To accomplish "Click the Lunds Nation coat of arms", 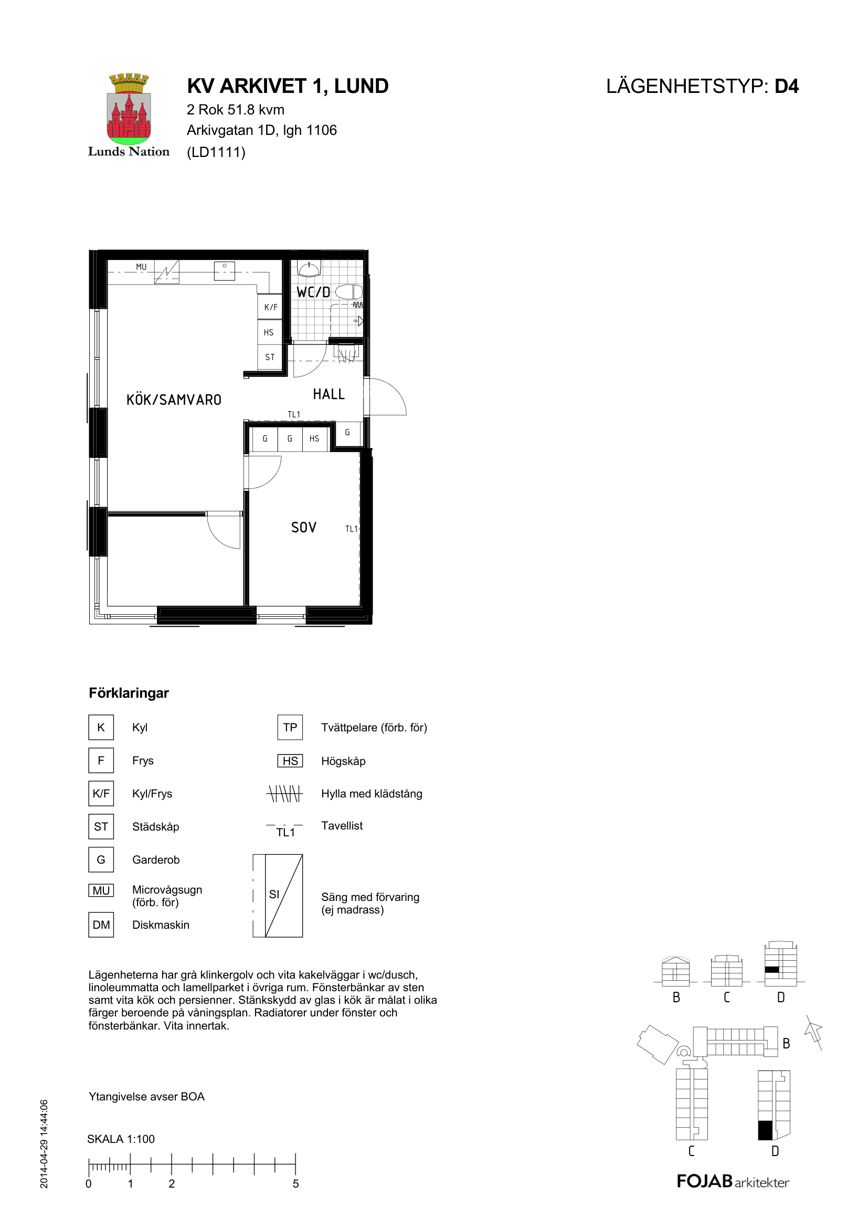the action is coord(129,109).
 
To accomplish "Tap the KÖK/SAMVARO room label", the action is coord(174,400).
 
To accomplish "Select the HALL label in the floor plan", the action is coord(329,394).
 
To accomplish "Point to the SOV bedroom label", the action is coord(303,527).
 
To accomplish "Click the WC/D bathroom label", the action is coord(314,292).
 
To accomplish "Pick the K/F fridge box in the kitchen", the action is coord(270,307).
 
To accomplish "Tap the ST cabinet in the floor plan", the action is coord(270,356).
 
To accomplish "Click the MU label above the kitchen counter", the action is coord(141,266).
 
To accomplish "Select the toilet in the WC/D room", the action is coord(349,292).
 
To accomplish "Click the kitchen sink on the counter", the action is coord(225,270).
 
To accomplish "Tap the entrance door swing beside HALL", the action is coord(387,397).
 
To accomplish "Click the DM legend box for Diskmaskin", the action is coord(101,925).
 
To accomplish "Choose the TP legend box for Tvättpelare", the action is coord(290,727).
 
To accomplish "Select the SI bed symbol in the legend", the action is coord(278,895).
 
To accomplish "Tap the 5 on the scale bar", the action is coord(295,1183).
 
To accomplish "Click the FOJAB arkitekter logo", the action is coord(733,1181).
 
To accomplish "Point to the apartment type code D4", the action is coord(787,86).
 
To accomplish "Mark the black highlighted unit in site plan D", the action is coord(765,1131).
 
